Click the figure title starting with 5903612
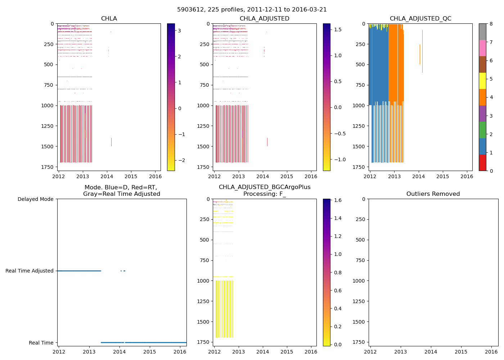pyautogui.click(x=252, y=10)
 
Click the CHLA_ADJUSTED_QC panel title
pyautogui.click(x=420, y=19)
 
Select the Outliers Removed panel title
pyautogui.click(x=433, y=194)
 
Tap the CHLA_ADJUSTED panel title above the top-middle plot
pyautogui.click(x=264, y=19)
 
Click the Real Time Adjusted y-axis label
pyautogui.click(x=30, y=271)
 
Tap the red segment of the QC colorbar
pyautogui.click(x=482, y=162)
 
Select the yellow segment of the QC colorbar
pyautogui.click(x=482, y=81)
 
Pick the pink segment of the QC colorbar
pyautogui.click(x=482, y=48)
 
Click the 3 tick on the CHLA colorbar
pyautogui.click(x=179, y=31)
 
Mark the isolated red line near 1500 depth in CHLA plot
pyautogui.click(x=111, y=142)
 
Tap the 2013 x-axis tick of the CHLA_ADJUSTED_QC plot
pyautogui.click(x=394, y=176)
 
